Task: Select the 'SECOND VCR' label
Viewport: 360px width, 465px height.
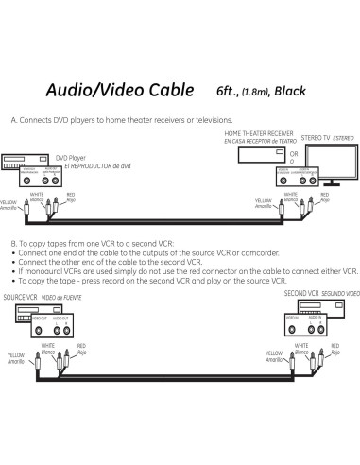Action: tap(303, 294)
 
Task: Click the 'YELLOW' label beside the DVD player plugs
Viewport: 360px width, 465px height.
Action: tap(9, 202)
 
